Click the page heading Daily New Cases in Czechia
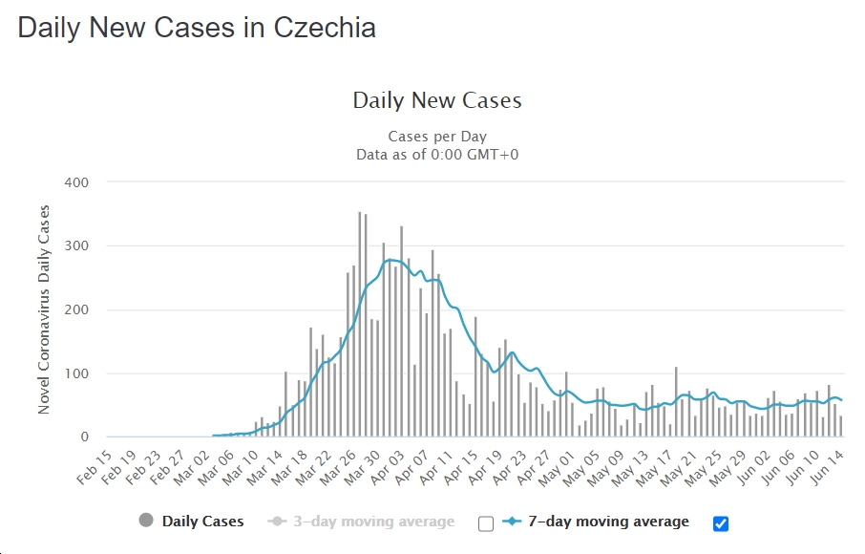[x=197, y=28]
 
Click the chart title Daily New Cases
[x=437, y=100]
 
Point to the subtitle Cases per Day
[x=437, y=137]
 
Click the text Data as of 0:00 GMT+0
[x=437, y=154]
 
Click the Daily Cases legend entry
[x=202, y=522]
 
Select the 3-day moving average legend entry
[x=373, y=522]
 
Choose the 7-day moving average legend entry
[x=608, y=522]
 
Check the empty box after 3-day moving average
[x=486, y=522]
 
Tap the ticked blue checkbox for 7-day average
[x=721, y=522]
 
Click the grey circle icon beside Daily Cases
[x=146, y=521]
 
